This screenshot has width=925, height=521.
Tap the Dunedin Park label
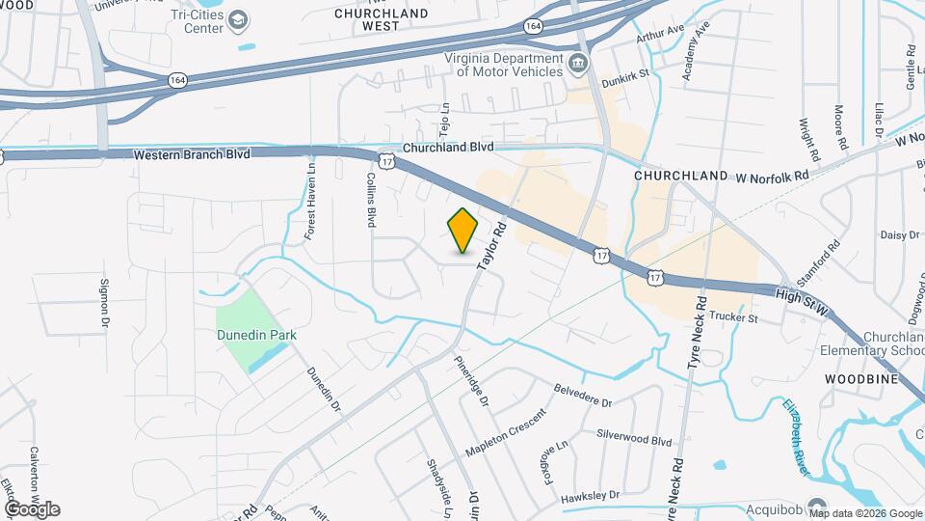point(255,335)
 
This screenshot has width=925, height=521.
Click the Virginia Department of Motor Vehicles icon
point(577,65)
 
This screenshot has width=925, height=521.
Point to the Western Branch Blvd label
point(192,154)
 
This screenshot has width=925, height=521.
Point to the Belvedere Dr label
point(583,396)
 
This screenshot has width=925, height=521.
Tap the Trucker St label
point(735,315)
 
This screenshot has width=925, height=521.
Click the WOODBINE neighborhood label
point(860,379)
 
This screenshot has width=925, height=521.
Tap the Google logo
point(32,508)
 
